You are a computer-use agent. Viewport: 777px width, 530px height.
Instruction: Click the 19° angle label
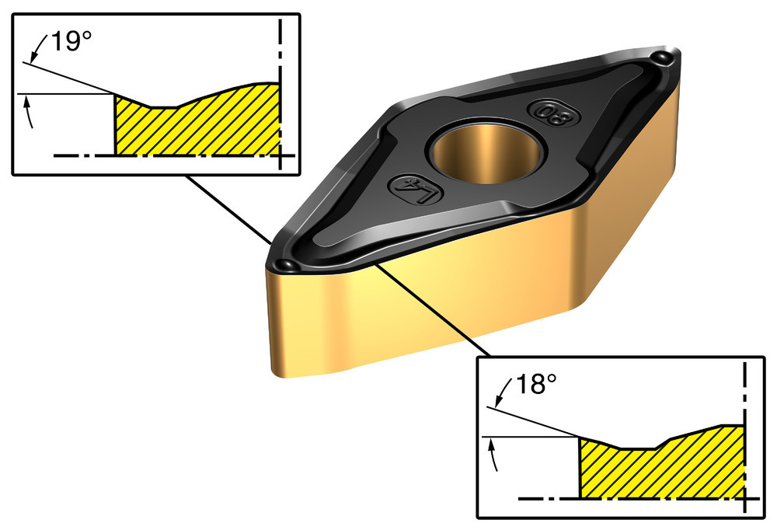click(67, 42)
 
